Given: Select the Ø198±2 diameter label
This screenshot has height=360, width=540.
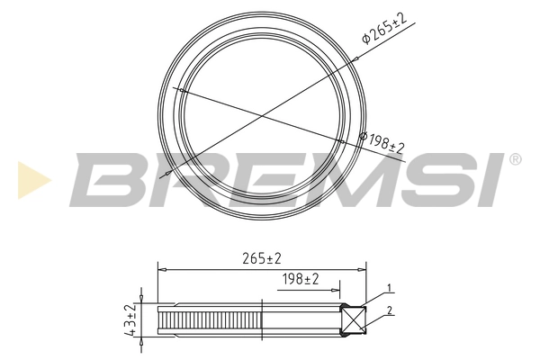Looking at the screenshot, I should coord(382,141).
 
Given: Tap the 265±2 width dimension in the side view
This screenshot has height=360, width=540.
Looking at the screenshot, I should coord(262,258).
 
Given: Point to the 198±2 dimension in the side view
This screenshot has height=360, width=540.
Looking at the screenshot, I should coord(300,280).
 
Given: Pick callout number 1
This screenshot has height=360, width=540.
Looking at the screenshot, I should coord(389,288).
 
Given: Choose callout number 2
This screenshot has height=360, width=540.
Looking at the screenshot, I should coord(389,310).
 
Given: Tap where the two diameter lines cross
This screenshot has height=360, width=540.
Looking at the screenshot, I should coord(262,114).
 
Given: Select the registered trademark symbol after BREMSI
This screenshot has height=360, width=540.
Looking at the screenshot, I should coord(515,159).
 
